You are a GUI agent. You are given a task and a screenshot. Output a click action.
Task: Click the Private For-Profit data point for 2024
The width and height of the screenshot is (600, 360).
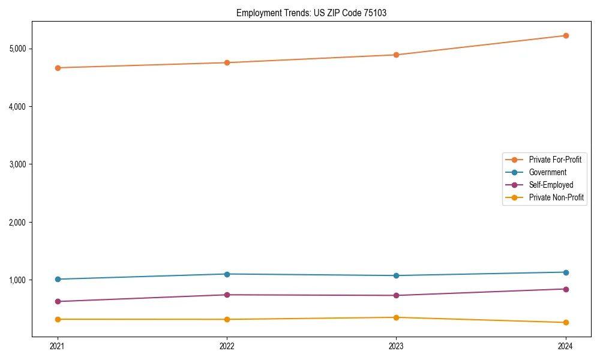(565, 35)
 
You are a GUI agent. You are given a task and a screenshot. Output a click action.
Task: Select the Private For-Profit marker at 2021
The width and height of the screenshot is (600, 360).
(58, 68)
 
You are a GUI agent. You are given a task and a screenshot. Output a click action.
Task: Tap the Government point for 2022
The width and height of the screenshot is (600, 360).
(227, 274)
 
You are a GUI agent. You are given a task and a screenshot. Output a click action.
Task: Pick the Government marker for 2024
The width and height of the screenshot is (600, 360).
(565, 272)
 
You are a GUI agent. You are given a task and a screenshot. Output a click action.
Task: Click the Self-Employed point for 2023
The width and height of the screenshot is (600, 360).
(396, 295)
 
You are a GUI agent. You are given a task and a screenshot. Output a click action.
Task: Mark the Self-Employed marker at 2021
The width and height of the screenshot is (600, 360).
(58, 301)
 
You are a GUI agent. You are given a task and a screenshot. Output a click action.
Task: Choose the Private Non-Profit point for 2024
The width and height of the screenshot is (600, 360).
(565, 323)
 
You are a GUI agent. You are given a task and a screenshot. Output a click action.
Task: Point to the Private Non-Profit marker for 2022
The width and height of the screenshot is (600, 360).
(227, 319)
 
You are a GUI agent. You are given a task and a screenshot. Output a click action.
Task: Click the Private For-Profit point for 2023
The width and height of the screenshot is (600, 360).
(396, 55)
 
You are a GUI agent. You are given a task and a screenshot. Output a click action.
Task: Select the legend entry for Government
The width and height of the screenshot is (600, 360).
(547, 172)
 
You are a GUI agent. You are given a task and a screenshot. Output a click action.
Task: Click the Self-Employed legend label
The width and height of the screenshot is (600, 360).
(551, 185)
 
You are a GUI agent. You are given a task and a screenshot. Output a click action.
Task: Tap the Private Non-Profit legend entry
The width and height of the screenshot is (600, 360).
(556, 197)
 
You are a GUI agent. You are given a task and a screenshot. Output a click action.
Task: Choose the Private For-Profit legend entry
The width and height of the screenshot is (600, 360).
(555, 160)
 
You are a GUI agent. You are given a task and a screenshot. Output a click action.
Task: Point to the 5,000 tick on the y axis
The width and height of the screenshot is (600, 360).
(22, 49)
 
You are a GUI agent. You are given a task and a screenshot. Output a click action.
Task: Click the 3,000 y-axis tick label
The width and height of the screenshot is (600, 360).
(22, 164)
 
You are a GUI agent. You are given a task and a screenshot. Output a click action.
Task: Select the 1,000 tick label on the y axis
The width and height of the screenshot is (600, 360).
(22, 280)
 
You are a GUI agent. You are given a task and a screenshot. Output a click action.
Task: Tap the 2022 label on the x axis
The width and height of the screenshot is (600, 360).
(227, 346)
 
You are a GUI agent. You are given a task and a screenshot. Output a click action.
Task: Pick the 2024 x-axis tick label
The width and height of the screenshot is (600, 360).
(565, 346)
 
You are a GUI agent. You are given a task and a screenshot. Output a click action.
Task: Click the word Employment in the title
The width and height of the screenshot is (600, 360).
(257, 13)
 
